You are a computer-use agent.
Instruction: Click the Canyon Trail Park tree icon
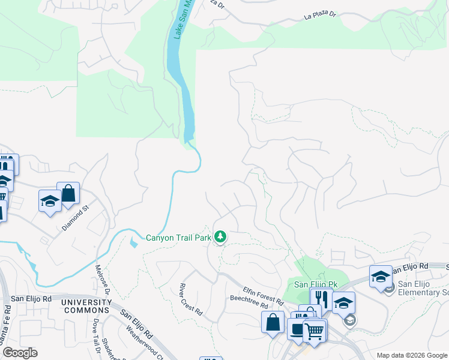point(220,238)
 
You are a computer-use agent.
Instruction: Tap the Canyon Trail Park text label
point(179,238)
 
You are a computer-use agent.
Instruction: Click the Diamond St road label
point(75,218)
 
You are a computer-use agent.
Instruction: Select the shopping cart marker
point(315,330)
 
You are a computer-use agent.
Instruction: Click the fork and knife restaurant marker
point(321,298)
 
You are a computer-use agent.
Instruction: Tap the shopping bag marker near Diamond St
point(68,193)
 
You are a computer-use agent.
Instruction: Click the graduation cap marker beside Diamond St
point(50,200)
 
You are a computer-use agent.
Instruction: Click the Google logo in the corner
point(19,353)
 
